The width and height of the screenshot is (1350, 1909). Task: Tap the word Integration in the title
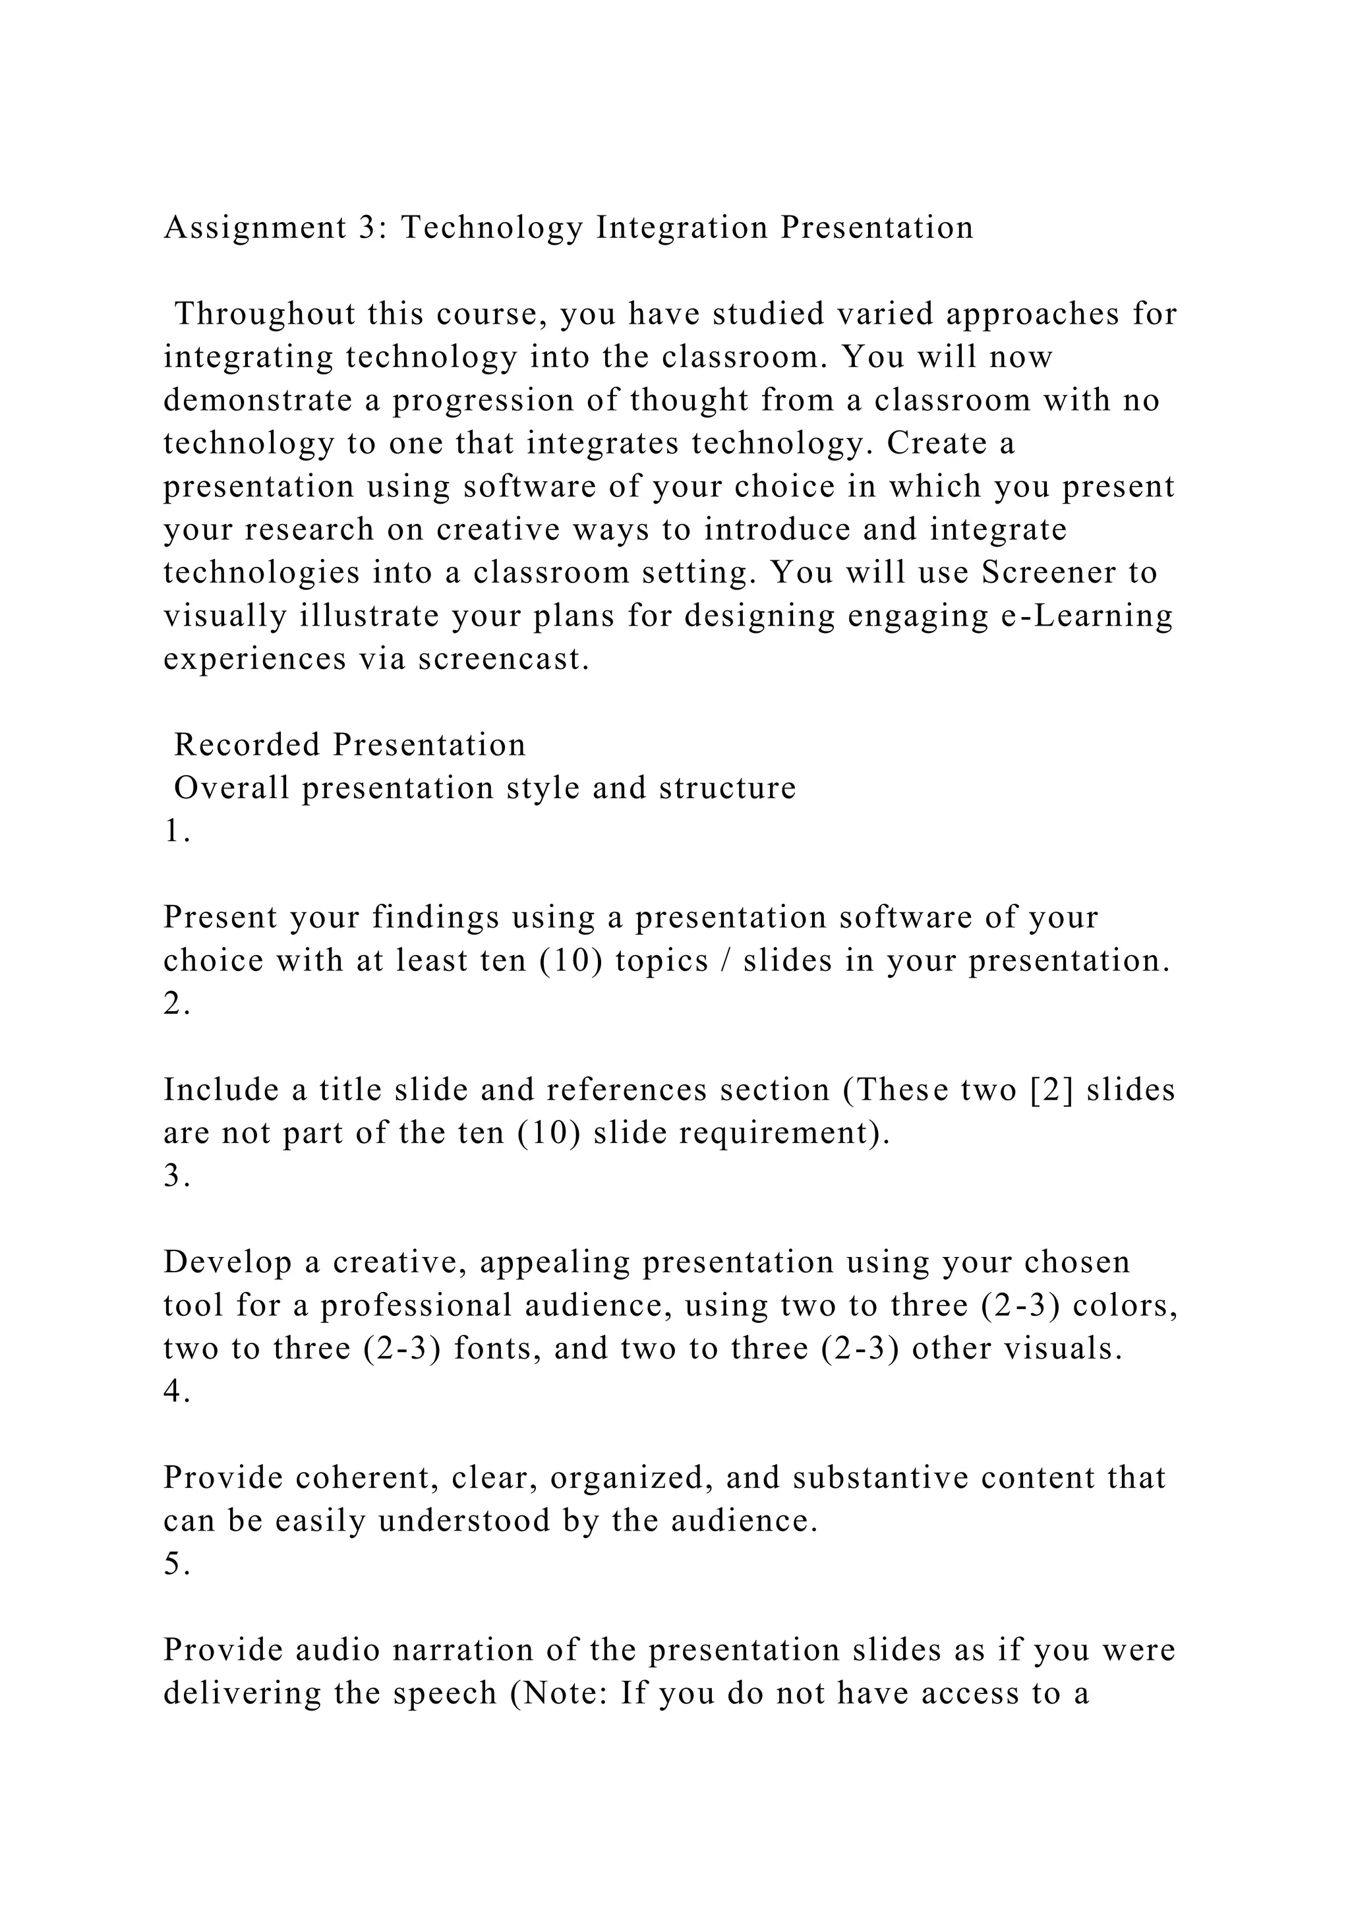click(x=682, y=229)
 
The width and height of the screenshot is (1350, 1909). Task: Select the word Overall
click(x=232, y=789)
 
